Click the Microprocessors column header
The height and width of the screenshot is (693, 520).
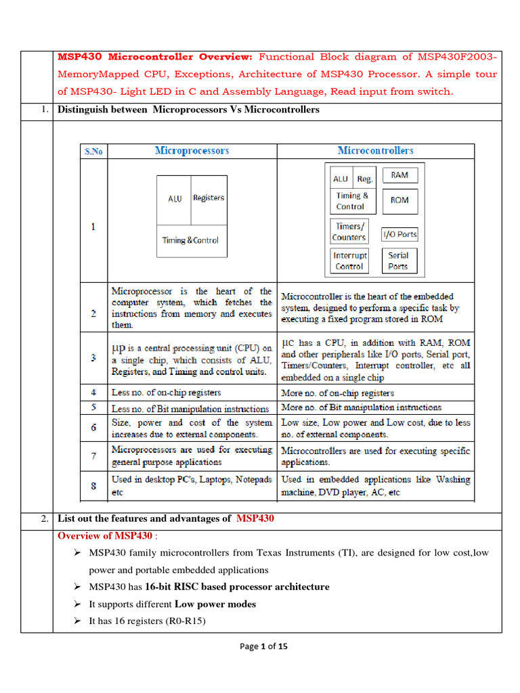coord(192,150)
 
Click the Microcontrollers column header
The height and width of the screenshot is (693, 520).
coord(375,150)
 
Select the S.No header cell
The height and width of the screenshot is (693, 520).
coord(93,152)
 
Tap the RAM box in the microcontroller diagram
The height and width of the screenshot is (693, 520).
coord(399,175)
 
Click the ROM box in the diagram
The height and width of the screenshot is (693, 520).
coord(399,201)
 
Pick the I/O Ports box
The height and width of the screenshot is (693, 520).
coord(399,234)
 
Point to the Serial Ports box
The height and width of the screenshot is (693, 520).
coord(398,261)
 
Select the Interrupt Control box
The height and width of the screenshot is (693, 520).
coord(349,261)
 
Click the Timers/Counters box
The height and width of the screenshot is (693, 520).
coord(349,231)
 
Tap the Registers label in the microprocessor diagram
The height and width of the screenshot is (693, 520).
coord(208,198)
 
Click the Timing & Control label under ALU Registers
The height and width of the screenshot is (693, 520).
coord(190,240)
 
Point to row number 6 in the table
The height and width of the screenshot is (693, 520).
coord(93,428)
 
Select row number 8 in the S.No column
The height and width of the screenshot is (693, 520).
coord(93,486)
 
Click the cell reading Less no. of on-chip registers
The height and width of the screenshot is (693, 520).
coord(166,393)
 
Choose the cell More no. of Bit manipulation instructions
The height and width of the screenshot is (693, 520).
coord(361,407)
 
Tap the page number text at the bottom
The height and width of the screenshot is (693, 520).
coord(263,646)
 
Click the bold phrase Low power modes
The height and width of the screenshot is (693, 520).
coord(215,604)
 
